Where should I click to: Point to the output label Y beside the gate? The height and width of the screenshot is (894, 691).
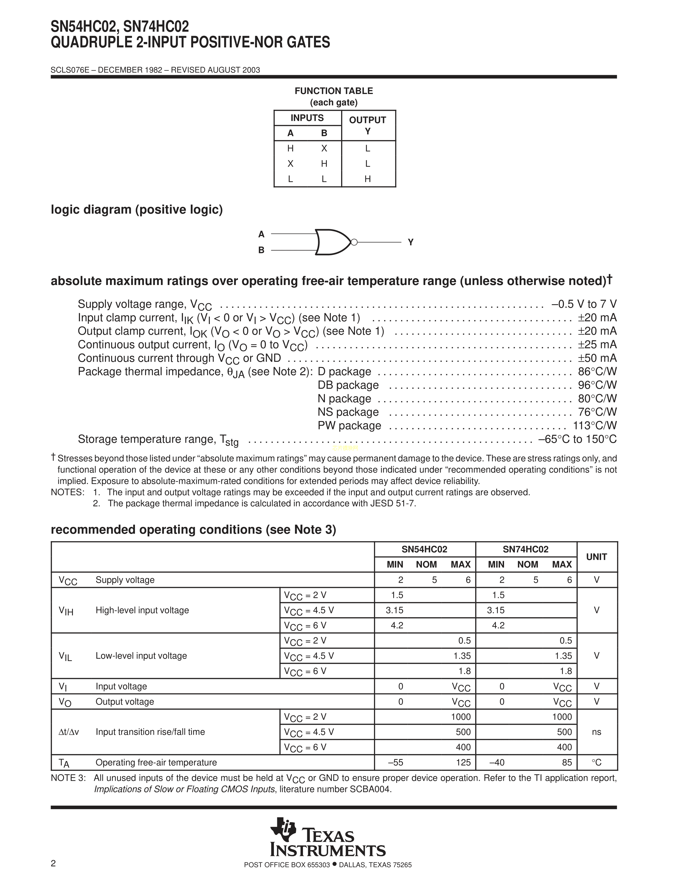pos(411,242)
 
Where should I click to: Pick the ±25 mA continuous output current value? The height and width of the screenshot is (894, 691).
pos(597,345)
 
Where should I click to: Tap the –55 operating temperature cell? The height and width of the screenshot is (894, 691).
pos(396,763)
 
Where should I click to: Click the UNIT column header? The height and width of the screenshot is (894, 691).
pos(596,557)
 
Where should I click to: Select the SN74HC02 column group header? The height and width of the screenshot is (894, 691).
pos(526,549)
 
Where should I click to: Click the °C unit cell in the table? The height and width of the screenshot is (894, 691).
pos(596,763)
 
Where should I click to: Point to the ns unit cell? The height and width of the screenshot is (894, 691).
pos(596,732)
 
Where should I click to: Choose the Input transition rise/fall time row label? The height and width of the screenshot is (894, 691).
pos(150,732)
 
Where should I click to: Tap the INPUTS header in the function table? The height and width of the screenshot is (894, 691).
pos(307,118)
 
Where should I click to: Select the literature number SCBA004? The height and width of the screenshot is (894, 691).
pos(370,790)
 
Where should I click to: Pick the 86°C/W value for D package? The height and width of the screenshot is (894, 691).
pos(597,372)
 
